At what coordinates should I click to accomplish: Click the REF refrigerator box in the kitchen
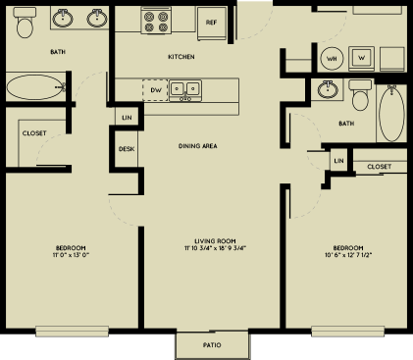click(211, 22)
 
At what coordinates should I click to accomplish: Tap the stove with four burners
click(156, 21)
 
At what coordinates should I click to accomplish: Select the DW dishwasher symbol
click(154, 90)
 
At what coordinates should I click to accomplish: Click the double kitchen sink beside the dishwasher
click(184, 90)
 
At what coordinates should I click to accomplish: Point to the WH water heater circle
click(332, 57)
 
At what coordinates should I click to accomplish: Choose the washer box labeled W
click(361, 57)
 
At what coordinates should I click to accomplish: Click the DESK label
click(127, 149)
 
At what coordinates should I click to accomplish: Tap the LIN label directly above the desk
click(127, 118)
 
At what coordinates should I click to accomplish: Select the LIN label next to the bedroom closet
click(338, 160)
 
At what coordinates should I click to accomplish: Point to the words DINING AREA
click(197, 146)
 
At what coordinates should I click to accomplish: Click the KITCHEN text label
click(181, 57)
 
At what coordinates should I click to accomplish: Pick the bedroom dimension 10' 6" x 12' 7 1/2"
click(348, 256)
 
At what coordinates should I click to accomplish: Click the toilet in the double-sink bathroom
click(26, 24)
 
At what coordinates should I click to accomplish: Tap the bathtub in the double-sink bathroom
click(35, 88)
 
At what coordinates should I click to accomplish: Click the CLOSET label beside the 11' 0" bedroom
click(34, 132)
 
